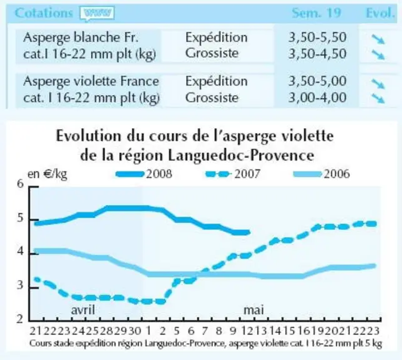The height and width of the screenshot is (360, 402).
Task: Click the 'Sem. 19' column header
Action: (x=316, y=12)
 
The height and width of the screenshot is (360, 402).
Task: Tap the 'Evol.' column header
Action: (x=380, y=12)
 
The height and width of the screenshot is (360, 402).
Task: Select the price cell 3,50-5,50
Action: (x=317, y=37)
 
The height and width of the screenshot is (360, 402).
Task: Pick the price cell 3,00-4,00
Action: (x=317, y=97)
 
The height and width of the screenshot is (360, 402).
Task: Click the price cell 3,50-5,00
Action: (x=317, y=81)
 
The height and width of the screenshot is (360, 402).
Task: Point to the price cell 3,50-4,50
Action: (x=317, y=54)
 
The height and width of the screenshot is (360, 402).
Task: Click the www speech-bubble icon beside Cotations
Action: (x=97, y=13)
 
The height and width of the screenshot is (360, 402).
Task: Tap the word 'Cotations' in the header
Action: (x=44, y=12)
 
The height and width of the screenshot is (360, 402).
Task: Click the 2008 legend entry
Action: (x=144, y=174)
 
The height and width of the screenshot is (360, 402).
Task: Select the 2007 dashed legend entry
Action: (x=233, y=174)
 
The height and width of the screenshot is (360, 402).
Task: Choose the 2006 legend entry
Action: (x=321, y=174)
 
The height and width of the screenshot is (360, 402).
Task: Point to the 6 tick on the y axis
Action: (x=20, y=184)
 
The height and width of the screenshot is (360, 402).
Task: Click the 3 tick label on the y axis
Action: (x=20, y=285)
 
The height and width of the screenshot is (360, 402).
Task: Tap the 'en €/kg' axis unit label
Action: (x=47, y=174)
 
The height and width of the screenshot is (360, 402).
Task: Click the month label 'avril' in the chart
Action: (x=83, y=310)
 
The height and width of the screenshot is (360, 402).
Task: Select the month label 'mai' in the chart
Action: (x=253, y=310)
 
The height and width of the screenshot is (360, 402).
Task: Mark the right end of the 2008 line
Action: (x=248, y=232)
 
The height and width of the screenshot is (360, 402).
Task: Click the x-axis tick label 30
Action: (x=134, y=331)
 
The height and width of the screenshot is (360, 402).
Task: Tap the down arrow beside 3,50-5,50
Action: (x=378, y=40)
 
